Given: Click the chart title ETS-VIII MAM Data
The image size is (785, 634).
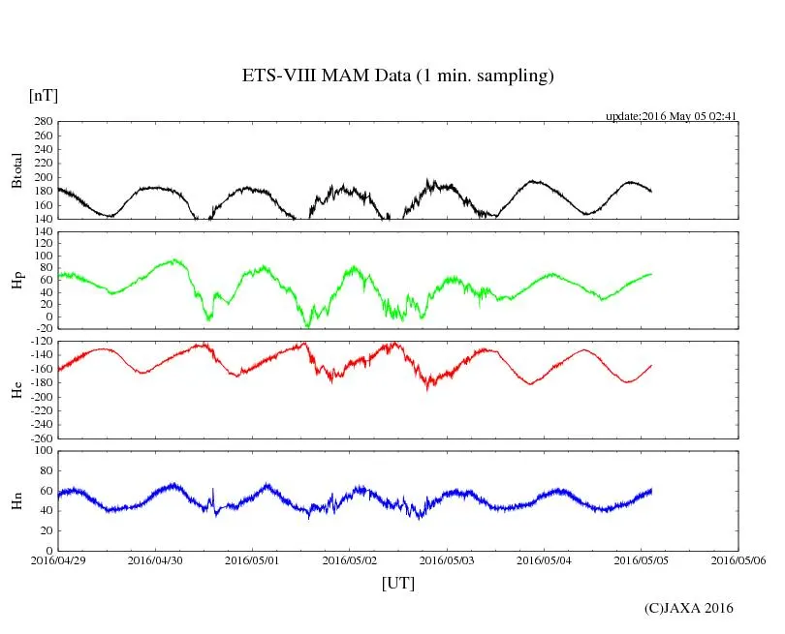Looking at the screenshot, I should click(x=397, y=76).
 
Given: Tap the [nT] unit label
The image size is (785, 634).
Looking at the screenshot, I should click(x=44, y=96).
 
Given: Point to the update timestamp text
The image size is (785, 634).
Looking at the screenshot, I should click(x=672, y=116).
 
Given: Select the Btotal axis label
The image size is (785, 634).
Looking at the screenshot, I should click(x=16, y=170).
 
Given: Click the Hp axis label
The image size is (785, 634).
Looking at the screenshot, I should click(x=16, y=281).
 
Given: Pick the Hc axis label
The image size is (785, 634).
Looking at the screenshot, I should click(x=16, y=389).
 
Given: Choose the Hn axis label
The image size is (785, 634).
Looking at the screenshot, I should click(x=16, y=500).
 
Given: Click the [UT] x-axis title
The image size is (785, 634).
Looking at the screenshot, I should click(x=398, y=583).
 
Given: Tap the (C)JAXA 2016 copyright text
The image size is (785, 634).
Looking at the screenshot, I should click(x=689, y=608).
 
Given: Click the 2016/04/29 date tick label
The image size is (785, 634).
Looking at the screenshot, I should click(x=58, y=560).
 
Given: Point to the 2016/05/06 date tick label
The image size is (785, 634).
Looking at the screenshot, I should click(x=738, y=560).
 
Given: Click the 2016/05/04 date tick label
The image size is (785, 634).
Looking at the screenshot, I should click(x=545, y=560).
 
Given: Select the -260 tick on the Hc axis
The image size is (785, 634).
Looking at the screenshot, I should click(x=39, y=438).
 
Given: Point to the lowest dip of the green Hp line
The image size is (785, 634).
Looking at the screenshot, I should click(x=307, y=326).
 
